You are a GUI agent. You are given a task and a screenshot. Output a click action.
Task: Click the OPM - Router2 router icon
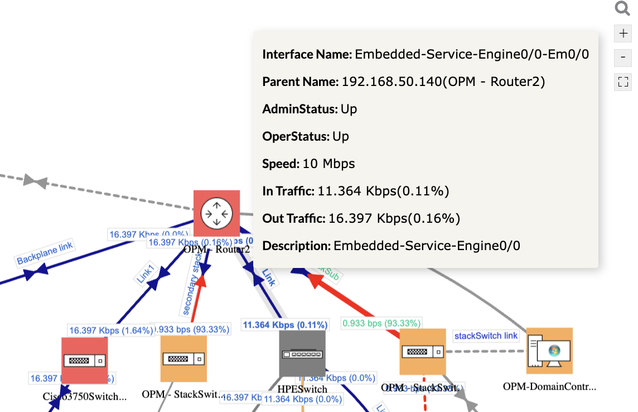(x=216, y=213)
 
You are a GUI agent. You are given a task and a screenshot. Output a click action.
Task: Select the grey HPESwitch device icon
(x=302, y=353)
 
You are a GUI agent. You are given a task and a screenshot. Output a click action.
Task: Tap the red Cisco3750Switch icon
(x=84, y=361)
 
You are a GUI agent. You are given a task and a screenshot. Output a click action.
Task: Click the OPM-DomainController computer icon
(x=549, y=351)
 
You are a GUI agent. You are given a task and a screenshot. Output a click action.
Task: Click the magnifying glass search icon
(x=622, y=8)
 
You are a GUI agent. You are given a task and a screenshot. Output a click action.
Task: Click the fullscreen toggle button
(x=623, y=82)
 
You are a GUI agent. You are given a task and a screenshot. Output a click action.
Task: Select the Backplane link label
(x=45, y=253)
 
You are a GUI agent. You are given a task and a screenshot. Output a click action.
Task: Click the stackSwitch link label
(x=486, y=336)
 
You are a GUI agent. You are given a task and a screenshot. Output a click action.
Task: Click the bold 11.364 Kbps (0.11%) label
(x=285, y=324)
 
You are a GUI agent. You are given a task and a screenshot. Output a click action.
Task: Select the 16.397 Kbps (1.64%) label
(x=111, y=330)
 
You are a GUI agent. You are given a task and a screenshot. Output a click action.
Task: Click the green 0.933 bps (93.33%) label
(x=381, y=323)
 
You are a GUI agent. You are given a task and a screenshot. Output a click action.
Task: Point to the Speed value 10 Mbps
(x=328, y=164)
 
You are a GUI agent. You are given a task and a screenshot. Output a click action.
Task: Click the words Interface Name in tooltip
(x=307, y=54)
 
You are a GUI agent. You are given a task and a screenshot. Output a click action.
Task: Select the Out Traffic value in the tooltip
(x=394, y=218)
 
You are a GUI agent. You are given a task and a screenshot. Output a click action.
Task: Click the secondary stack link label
(x=190, y=290)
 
